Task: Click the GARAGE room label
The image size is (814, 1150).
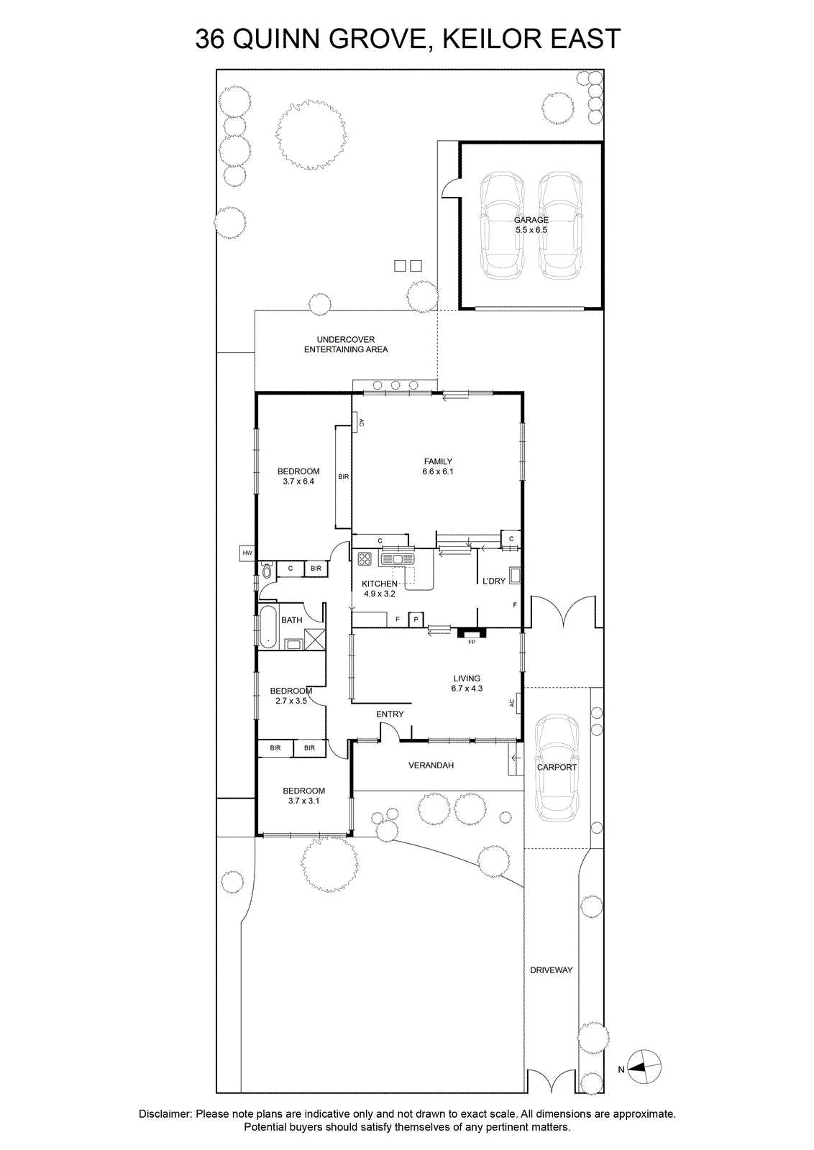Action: coord(531,220)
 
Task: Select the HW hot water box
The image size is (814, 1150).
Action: coord(247,553)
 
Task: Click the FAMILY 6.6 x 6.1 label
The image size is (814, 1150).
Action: coord(437,466)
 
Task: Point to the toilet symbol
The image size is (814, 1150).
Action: coord(267,571)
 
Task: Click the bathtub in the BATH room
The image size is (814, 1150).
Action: coord(267,626)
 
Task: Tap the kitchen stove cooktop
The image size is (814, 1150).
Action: coord(365,558)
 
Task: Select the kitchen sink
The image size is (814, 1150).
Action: coord(397,558)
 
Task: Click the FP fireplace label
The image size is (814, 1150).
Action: coord(472,642)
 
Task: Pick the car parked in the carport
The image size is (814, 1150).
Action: coord(557,768)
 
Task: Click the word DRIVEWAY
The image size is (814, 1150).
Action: coord(551,970)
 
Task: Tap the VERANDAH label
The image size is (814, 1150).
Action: coord(431,765)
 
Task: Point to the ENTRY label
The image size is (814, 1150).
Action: coord(390,714)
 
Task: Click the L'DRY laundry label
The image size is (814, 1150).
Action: coord(494,581)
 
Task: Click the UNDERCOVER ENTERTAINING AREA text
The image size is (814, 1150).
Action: coord(346,344)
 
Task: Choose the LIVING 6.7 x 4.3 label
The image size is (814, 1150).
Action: coord(467,684)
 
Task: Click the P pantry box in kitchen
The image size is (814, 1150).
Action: coord(416,620)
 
